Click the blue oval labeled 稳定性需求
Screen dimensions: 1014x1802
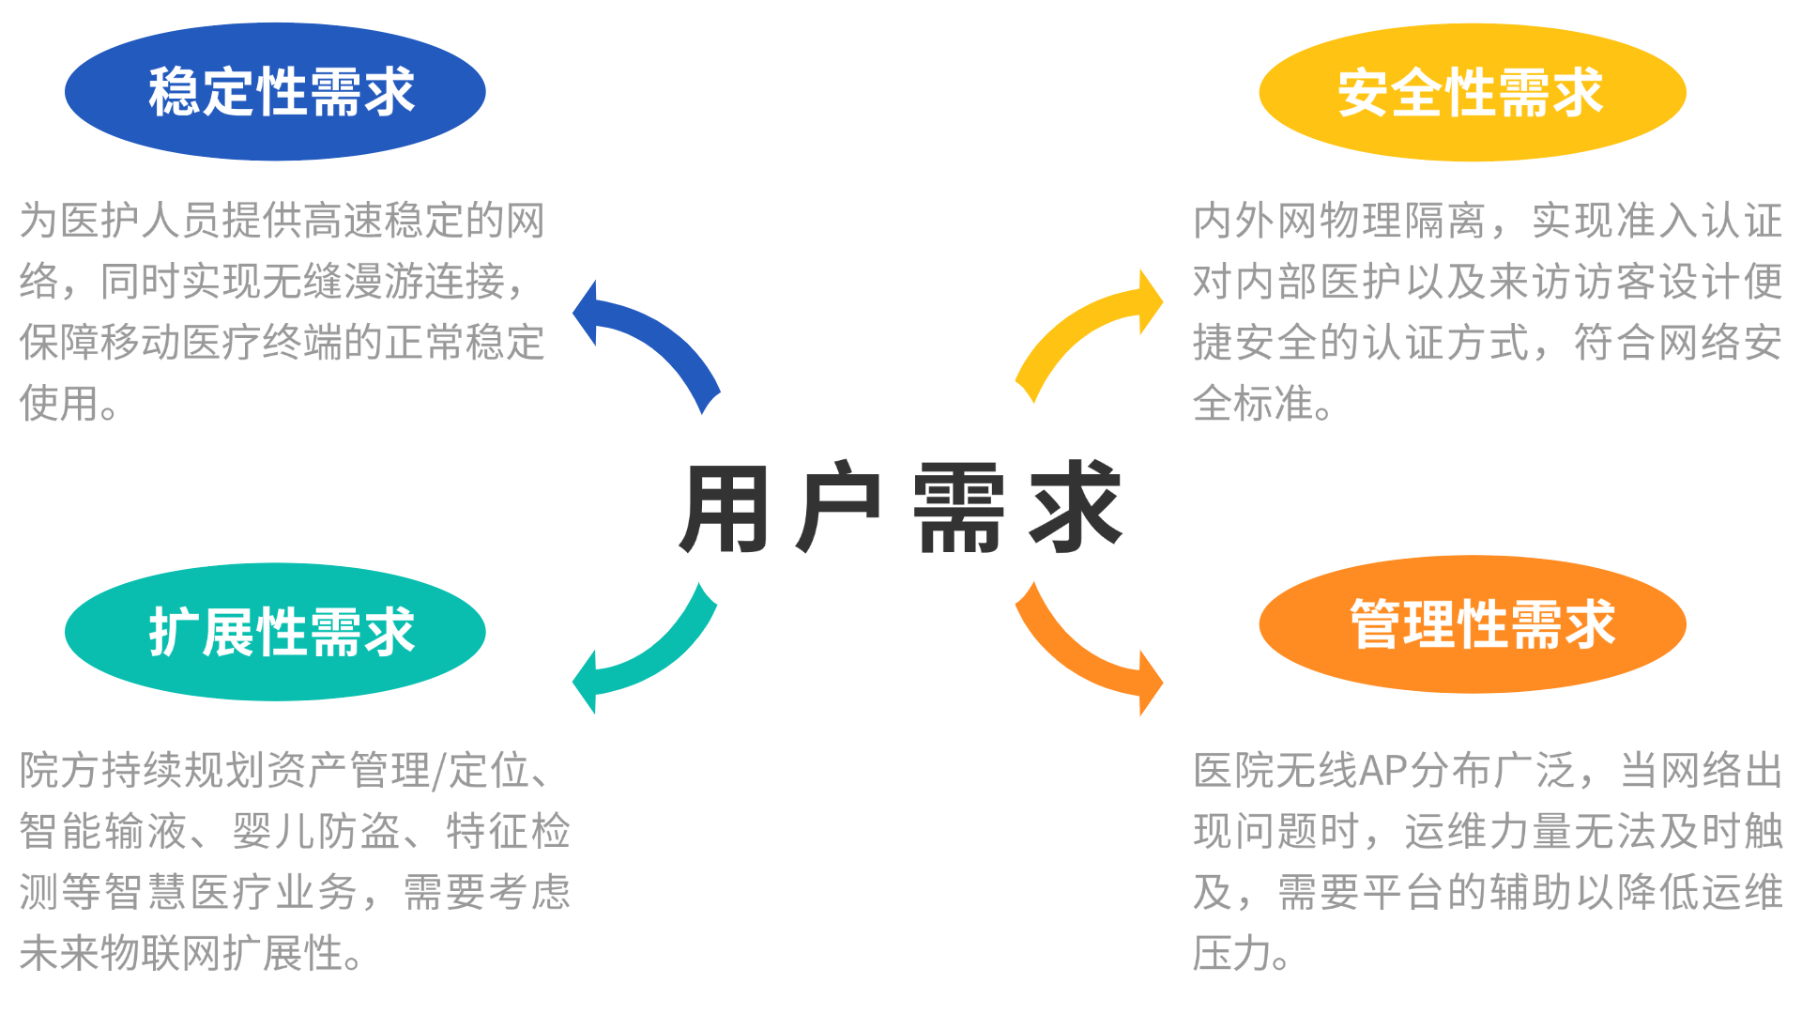pos(275,92)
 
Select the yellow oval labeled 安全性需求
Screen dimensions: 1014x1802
pos(1472,92)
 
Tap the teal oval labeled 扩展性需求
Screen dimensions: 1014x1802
pos(275,632)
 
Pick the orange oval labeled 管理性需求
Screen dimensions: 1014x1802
pos(1472,624)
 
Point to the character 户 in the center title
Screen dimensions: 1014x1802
pos(838,509)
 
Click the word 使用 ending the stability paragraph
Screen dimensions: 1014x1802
pos(59,404)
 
